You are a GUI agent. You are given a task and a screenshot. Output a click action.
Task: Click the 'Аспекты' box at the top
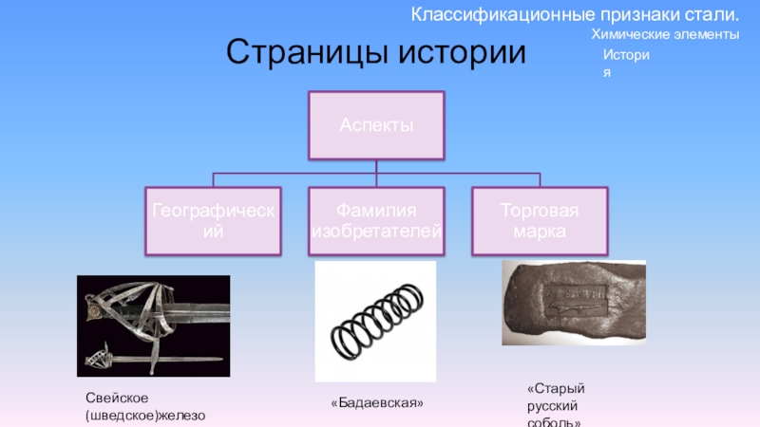click(x=376, y=124)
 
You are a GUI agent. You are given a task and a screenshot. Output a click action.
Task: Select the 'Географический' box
click(x=213, y=221)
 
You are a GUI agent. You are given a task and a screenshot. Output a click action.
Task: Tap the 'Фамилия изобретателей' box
click(x=376, y=221)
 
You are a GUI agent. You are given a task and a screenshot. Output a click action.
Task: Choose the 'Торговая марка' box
click(x=540, y=221)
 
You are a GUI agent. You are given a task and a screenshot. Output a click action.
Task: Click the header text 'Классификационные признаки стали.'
click(x=575, y=15)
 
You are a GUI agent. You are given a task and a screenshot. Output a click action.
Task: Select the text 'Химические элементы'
click(x=664, y=34)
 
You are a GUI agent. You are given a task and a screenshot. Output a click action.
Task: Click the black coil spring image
click(x=375, y=321)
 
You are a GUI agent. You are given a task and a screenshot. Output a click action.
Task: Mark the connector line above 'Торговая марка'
click(x=540, y=180)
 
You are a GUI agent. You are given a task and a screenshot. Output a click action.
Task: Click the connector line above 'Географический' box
click(x=213, y=180)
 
